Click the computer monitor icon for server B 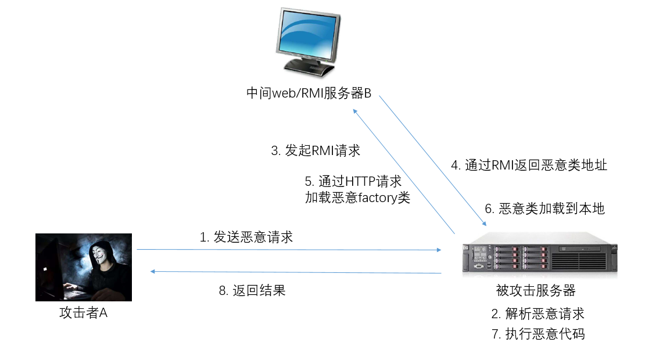pyautogui.click(x=309, y=42)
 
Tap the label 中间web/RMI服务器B pyautogui.click(x=309, y=93)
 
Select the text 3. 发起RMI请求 pyautogui.click(x=316, y=150)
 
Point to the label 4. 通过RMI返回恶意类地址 pyautogui.click(x=529, y=165)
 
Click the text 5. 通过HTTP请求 pyautogui.click(x=353, y=181)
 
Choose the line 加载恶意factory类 pyautogui.click(x=358, y=197)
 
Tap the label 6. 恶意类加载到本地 pyautogui.click(x=544, y=208)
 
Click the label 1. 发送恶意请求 pyautogui.click(x=246, y=237)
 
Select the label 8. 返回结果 pyautogui.click(x=252, y=291)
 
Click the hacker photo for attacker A pyautogui.click(x=84, y=267)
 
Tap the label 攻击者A pyautogui.click(x=83, y=312)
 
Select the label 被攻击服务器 pyautogui.click(x=536, y=291)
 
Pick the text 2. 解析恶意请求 pyautogui.click(x=538, y=314)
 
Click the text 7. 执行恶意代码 pyautogui.click(x=538, y=334)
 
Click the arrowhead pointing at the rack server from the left pyautogui.click(x=439, y=250)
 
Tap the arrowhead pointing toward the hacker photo pyautogui.click(x=153, y=271)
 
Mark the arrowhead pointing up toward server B pyautogui.click(x=355, y=111)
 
